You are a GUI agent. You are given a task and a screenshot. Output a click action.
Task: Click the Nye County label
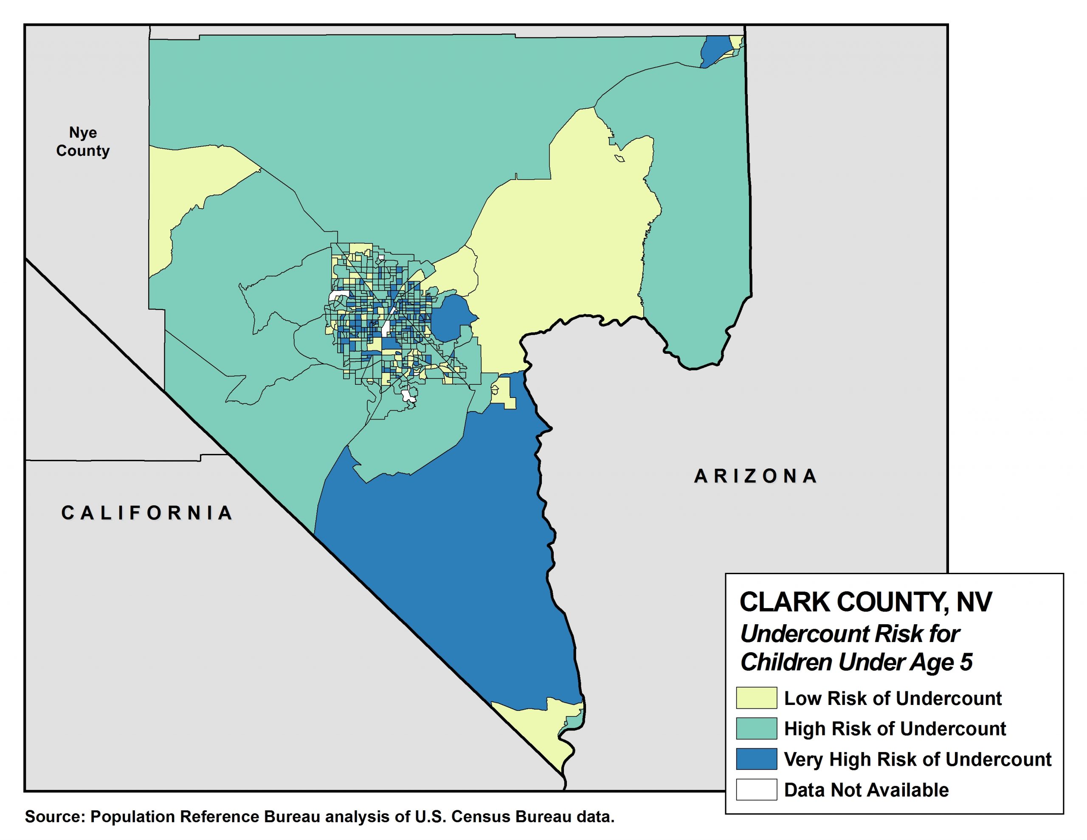pos(83,141)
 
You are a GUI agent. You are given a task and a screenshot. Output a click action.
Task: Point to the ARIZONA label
pos(755,476)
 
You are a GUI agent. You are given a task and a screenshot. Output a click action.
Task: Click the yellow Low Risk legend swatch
pos(757,698)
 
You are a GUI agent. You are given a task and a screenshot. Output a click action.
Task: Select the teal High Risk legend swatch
pos(757,728)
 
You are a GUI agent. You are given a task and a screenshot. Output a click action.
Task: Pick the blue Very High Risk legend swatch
pos(757,759)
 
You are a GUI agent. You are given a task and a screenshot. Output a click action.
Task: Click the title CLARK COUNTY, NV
pos(865,602)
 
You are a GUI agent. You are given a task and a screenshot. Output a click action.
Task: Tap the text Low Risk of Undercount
pos(893,698)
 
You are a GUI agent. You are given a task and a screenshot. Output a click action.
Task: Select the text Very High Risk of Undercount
pos(917,759)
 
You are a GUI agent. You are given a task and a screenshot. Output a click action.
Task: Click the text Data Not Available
pos(866,790)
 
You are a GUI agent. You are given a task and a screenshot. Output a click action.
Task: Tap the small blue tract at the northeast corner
pos(714,50)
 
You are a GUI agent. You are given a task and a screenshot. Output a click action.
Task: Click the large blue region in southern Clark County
pos(448,572)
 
